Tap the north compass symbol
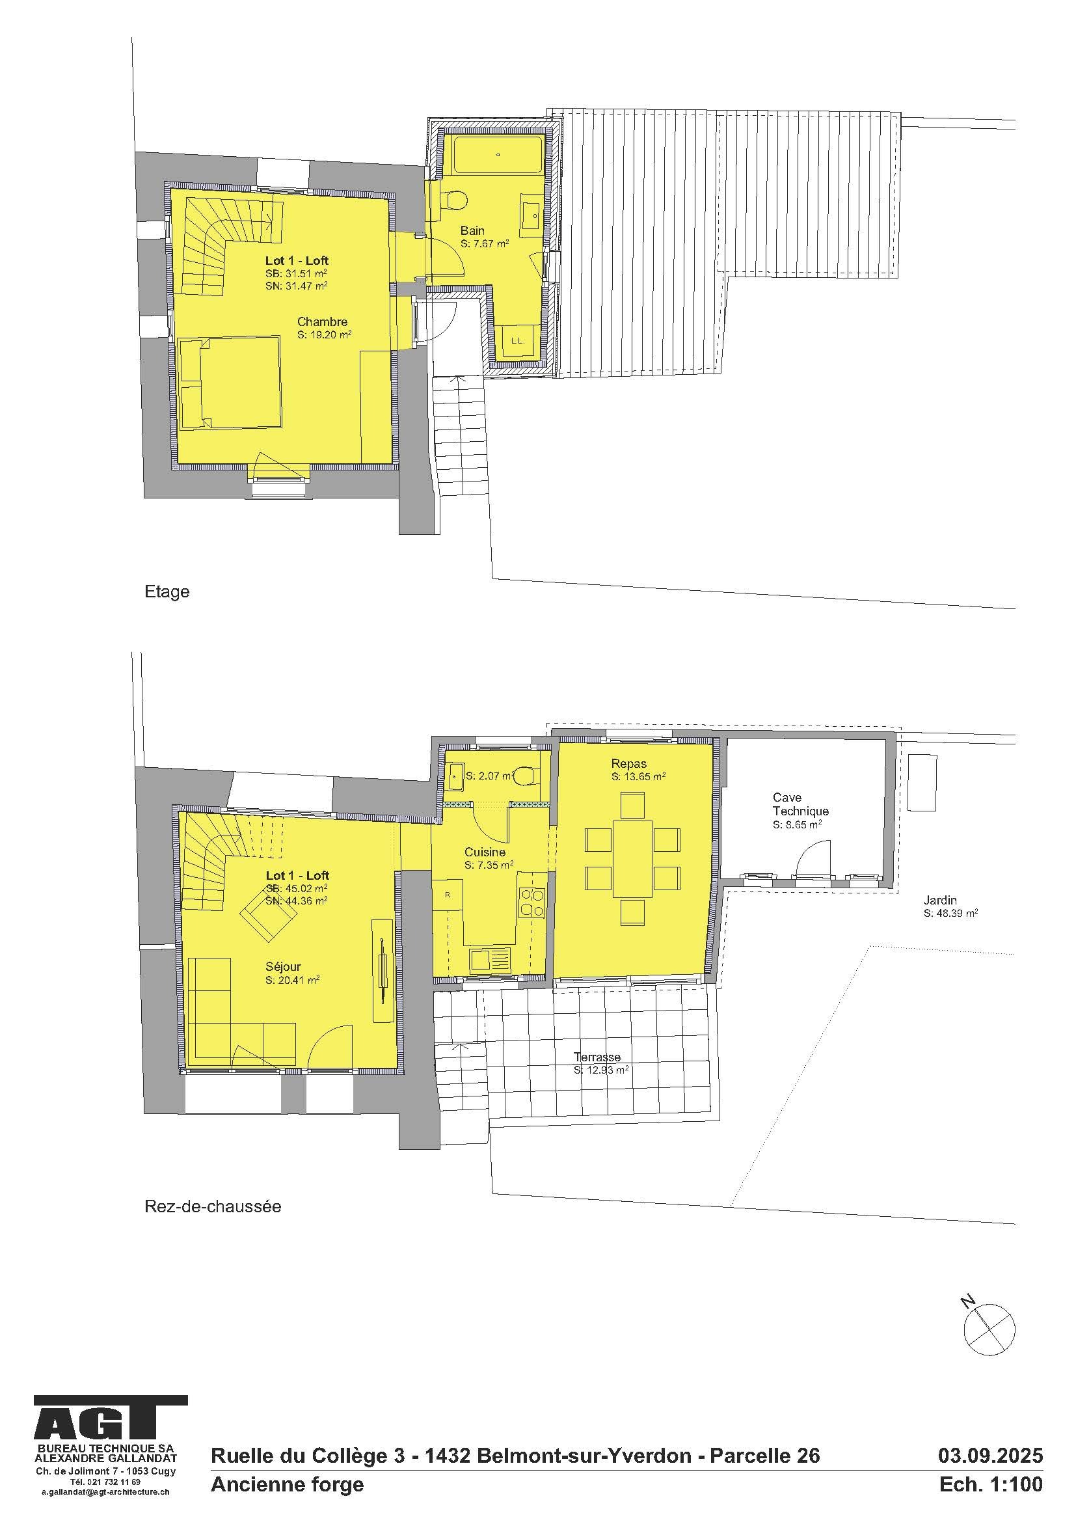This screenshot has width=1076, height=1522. pyautogui.click(x=988, y=1324)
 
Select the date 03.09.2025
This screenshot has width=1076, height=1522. pyautogui.click(x=990, y=1455)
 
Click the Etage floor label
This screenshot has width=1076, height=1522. pyautogui.click(x=167, y=591)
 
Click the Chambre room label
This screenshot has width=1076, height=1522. pyautogui.click(x=322, y=322)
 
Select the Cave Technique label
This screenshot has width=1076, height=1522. pyautogui.click(x=800, y=804)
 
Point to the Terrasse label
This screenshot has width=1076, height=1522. pyautogui.click(x=597, y=1057)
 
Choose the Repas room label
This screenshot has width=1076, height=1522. pyautogui.click(x=629, y=764)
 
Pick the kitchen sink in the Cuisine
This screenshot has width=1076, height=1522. pyautogui.click(x=489, y=959)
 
